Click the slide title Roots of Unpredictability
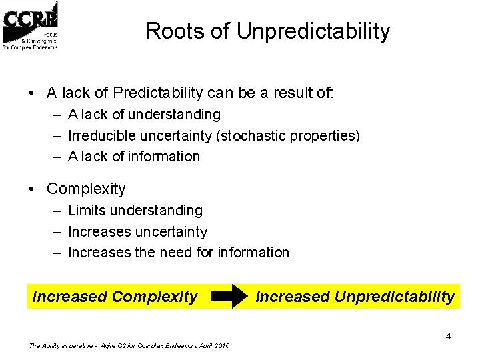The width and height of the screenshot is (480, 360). (267, 31)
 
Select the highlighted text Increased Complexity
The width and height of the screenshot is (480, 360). (115, 297)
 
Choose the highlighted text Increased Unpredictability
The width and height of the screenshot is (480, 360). (355, 297)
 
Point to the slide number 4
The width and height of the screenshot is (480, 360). (448, 336)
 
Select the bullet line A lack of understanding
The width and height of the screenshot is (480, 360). (144, 115)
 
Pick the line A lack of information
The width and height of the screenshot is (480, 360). (134, 157)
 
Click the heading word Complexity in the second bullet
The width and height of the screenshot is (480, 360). (86, 189)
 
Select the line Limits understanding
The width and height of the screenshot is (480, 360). (135, 211)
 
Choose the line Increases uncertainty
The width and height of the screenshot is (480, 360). (137, 232)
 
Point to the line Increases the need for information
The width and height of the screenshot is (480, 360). (179, 253)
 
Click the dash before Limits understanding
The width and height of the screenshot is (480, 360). (56, 211)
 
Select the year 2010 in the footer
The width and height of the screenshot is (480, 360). (222, 345)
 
